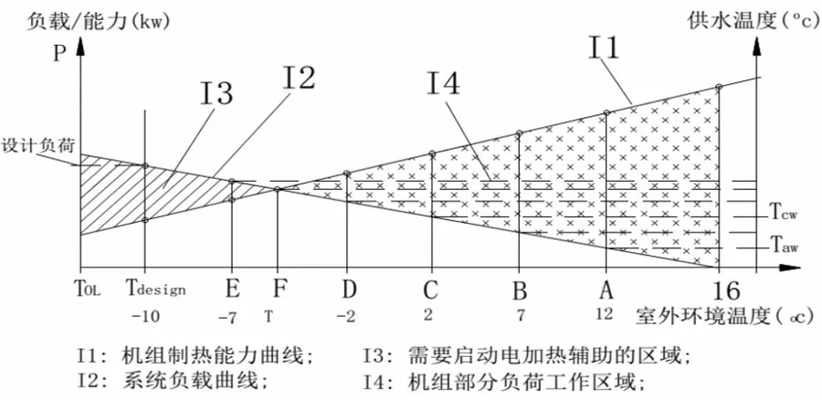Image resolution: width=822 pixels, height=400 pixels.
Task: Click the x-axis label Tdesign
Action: [x=155, y=289]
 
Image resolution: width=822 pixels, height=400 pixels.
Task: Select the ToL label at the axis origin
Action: [x=88, y=289]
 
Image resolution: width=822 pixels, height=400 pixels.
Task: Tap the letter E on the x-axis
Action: [x=232, y=289]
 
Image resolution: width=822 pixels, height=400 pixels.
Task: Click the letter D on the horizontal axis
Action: [x=349, y=289]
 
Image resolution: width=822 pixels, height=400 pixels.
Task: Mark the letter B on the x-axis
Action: [x=519, y=289]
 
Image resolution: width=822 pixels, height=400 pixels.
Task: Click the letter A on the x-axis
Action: [x=604, y=289]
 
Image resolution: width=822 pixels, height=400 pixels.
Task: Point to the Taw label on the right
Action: [x=785, y=246]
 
